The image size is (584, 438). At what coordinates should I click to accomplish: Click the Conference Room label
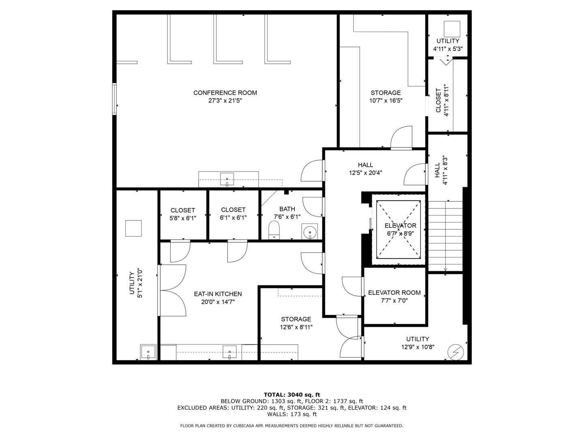225,93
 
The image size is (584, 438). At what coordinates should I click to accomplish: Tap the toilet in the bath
275,230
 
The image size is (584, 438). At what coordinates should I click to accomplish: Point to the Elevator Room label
394,293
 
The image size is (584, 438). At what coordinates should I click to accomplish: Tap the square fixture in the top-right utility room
452,28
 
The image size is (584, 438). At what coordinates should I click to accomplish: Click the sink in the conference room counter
227,179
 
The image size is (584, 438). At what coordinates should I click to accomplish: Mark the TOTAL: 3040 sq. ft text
292,395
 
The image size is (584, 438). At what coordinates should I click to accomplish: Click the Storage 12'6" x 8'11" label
296,323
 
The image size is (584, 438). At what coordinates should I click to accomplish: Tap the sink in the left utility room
148,352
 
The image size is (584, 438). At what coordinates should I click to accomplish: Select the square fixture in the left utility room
133,228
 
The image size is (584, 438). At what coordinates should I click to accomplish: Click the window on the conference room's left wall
115,99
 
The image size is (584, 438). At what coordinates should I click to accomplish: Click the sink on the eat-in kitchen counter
230,352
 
